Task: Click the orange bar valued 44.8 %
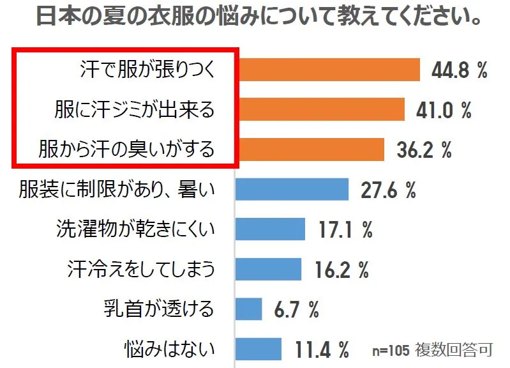click(x=327, y=70)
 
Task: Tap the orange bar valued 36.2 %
click(x=310, y=149)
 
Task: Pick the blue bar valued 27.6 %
click(x=292, y=189)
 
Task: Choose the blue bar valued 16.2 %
click(x=268, y=268)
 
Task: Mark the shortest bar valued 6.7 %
click(x=249, y=309)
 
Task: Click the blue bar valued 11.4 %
click(x=259, y=349)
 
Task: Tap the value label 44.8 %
click(x=459, y=70)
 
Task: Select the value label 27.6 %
click(x=388, y=190)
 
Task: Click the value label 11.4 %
click(x=322, y=349)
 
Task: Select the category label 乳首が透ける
click(x=158, y=309)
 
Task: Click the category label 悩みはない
click(x=169, y=349)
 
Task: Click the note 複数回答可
click(x=454, y=350)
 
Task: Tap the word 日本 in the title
click(x=53, y=16)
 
